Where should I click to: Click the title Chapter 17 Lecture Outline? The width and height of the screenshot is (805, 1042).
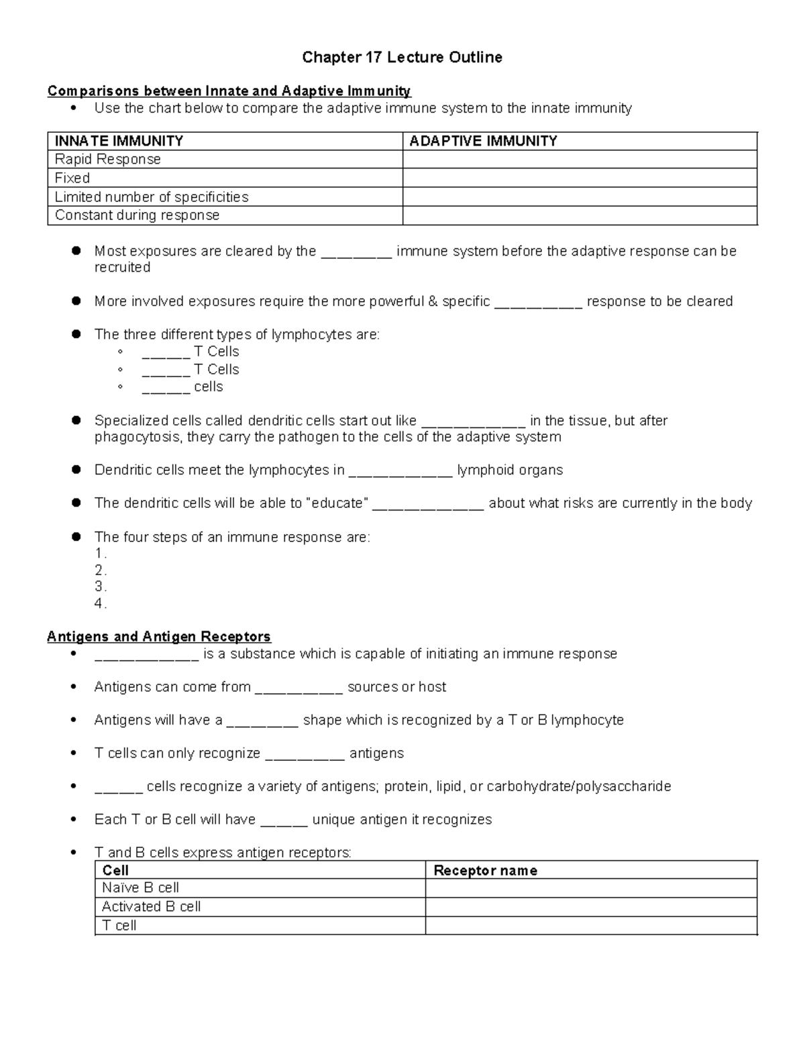coord(402,58)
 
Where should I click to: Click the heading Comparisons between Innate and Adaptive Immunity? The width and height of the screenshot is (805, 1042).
coord(229,91)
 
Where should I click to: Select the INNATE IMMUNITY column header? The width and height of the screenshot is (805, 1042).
coord(119,141)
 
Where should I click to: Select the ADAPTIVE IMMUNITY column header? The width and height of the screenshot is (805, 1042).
coord(483,141)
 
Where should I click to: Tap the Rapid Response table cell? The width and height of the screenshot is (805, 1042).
coord(107,160)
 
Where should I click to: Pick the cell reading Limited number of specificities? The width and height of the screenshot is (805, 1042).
coord(151,197)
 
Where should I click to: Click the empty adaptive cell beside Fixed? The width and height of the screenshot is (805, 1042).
coord(580,178)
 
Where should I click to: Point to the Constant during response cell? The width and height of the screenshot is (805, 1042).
coord(137,215)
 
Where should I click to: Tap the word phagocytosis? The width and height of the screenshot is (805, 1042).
coord(138,437)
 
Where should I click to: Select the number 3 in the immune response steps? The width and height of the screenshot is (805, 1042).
coord(99,587)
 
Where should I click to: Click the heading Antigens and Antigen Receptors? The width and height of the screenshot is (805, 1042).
coord(159,637)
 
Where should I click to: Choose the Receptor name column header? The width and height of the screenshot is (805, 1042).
coord(485,871)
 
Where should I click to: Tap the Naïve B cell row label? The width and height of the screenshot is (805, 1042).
coord(140,888)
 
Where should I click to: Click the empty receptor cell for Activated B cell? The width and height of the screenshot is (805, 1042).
coord(590,906)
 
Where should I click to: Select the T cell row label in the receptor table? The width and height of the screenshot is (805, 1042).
coord(119,925)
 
